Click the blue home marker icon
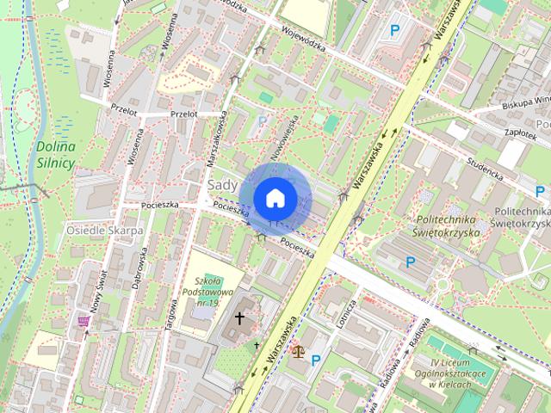tap(275, 198)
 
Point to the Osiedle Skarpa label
tap(103, 231)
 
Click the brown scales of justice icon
tap(298, 351)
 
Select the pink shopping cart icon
tap(84, 322)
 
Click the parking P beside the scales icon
tap(316, 360)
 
